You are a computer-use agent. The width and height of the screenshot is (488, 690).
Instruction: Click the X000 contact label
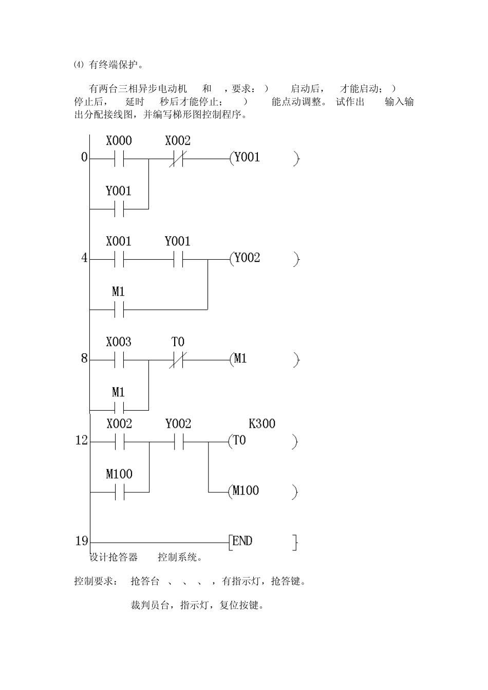click(119, 141)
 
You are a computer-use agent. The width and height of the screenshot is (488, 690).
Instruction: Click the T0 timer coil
click(262, 441)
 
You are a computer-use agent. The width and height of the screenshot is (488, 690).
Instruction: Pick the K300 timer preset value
click(262, 424)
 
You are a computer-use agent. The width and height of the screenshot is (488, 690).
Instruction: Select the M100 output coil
click(262, 491)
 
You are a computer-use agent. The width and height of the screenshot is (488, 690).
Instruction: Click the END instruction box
click(262, 542)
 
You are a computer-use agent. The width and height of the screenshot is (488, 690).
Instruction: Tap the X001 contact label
click(119, 241)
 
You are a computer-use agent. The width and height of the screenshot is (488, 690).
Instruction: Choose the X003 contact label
click(119, 342)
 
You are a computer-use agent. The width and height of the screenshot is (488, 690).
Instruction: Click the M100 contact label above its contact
click(119, 474)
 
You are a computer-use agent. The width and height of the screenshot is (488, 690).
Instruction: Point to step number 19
click(82, 541)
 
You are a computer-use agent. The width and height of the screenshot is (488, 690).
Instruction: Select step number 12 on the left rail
click(82, 440)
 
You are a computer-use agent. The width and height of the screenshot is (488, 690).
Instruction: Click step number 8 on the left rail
click(84, 359)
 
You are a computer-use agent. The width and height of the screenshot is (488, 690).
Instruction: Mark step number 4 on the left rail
click(84, 258)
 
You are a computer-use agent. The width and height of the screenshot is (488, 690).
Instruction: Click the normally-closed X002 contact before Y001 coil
click(178, 159)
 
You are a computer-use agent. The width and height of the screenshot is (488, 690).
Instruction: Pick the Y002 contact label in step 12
click(178, 424)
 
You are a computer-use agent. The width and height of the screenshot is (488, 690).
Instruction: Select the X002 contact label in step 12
click(119, 424)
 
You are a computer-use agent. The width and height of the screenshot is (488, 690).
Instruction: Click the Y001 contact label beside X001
click(178, 241)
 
